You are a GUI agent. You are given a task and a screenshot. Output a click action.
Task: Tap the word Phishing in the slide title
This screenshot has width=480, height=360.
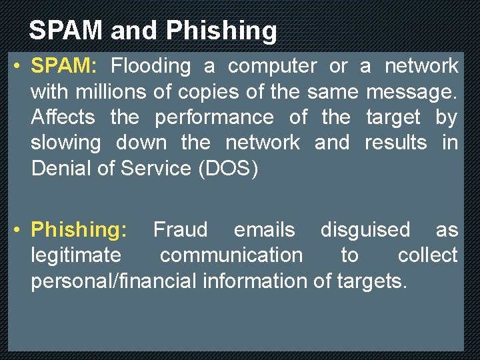coord(221,31)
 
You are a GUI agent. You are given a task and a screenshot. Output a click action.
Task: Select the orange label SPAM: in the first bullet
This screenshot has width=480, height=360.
coord(65,66)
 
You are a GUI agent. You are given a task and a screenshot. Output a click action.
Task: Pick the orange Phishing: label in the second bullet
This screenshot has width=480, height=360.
coord(79,230)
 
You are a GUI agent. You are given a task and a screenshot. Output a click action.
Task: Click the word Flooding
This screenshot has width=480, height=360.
coord(151,66)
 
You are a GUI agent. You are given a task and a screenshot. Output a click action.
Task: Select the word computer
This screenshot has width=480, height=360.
coord(273,66)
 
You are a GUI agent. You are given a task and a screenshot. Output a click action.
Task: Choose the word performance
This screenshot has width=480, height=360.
coord(214,117)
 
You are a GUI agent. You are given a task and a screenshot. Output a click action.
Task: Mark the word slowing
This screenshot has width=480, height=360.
coord(66,143)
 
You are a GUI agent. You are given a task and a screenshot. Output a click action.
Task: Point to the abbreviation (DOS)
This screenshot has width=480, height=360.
coord(228,168)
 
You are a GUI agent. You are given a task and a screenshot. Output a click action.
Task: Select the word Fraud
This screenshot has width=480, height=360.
coord(180,230)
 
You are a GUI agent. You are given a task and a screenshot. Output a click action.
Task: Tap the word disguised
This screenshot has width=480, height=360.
coord(365,230)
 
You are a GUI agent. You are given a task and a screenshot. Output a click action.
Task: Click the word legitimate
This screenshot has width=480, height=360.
coord(76,255)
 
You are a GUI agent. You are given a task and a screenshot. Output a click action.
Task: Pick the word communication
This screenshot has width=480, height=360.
coord(231,255)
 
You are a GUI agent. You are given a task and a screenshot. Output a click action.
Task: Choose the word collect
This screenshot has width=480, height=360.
coord(427,255)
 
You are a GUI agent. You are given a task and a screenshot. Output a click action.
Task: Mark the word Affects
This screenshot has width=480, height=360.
coord(63,117)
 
